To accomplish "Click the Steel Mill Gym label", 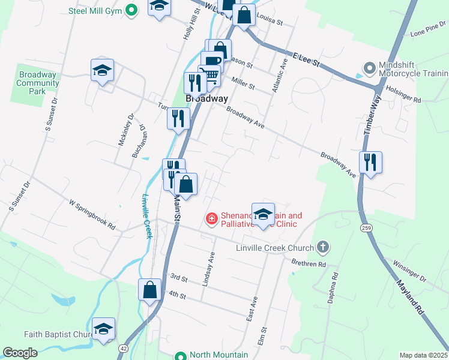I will click(x=96, y=11).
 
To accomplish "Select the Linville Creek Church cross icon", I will click(x=323, y=247).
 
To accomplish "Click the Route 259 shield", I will click(x=366, y=229).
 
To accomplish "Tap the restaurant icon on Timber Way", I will click(x=370, y=162).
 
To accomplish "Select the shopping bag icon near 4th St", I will click(x=149, y=290).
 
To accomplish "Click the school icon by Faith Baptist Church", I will click(x=103, y=329).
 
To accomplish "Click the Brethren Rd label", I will click(x=308, y=264).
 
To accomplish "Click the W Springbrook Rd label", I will click(x=92, y=215).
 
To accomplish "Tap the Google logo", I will click(x=20, y=353).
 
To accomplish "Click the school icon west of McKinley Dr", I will click(x=103, y=70).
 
